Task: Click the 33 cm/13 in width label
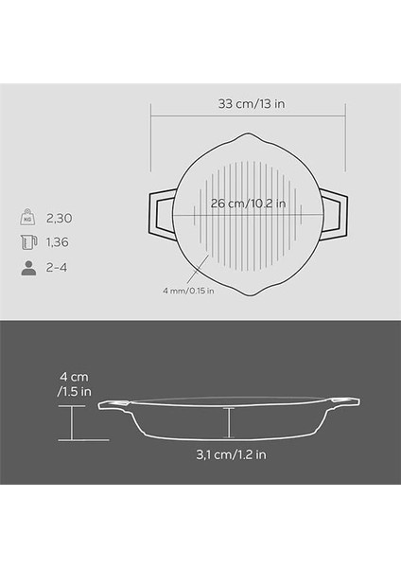(252, 104)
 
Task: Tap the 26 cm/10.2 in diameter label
(249, 204)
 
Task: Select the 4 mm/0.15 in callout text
(188, 291)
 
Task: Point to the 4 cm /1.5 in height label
(74, 384)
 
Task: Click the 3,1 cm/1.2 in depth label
(231, 454)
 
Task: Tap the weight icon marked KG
(27, 218)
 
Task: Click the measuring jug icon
(28, 242)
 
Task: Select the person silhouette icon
(28, 268)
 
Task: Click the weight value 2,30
(59, 218)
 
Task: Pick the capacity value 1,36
(57, 242)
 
